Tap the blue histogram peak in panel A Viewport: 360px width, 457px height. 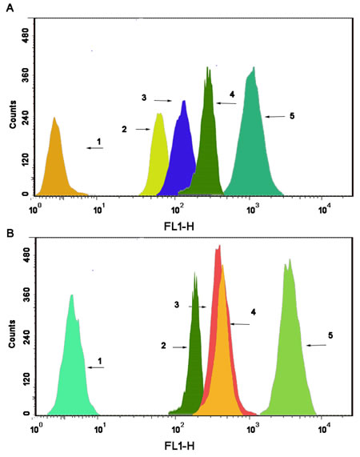(182, 152)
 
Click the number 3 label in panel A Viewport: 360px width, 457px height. (143, 98)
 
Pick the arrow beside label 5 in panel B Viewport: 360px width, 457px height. (317, 345)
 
